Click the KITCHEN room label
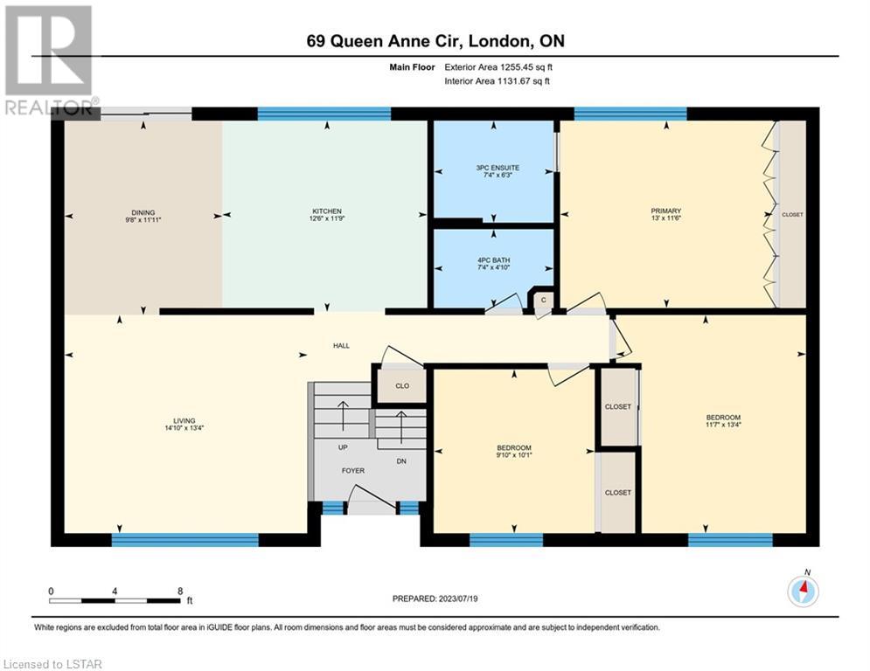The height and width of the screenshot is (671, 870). tap(327, 211)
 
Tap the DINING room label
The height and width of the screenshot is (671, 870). tap(143, 212)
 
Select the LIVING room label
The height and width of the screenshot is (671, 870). tap(184, 421)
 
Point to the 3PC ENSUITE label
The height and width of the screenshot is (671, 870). tap(498, 168)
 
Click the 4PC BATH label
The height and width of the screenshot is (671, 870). tap(494, 260)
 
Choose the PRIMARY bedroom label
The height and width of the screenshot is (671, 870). tap(665, 211)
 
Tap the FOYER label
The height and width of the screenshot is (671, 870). tap(353, 470)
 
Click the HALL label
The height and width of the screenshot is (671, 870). tap(341, 345)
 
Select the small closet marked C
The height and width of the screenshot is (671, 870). tap(544, 300)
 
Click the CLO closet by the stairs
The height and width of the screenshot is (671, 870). tap(402, 385)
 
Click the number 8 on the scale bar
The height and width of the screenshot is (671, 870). tap(180, 591)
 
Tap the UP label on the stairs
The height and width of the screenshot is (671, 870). tap(343, 447)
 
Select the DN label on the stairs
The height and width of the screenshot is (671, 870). tap(401, 460)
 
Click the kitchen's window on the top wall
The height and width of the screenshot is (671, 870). tap(324, 114)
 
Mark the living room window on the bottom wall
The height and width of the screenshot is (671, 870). tap(184, 540)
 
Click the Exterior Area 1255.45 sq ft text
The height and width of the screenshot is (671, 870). tap(498, 67)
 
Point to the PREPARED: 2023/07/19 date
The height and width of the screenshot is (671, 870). tap(435, 598)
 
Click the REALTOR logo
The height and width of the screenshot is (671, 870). tap(50, 59)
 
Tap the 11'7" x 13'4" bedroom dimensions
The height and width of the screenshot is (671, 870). tap(723, 425)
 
